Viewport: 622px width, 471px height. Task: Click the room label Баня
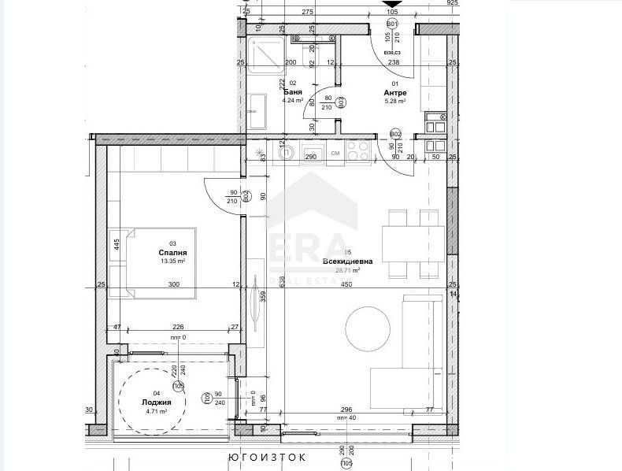(x=293, y=91)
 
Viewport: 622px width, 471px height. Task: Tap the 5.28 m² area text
(x=394, y=101)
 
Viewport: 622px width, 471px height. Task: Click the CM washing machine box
(x=335, y=153)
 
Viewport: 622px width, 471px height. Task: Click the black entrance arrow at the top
(x=392, y=5)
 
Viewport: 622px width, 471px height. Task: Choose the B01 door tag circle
(x=392, y=24)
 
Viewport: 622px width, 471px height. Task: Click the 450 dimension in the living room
(x=346, y=284)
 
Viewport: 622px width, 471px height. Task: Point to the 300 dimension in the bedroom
(x=173, y=284)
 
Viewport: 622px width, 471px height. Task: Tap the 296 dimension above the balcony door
(x=346, y=410)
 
